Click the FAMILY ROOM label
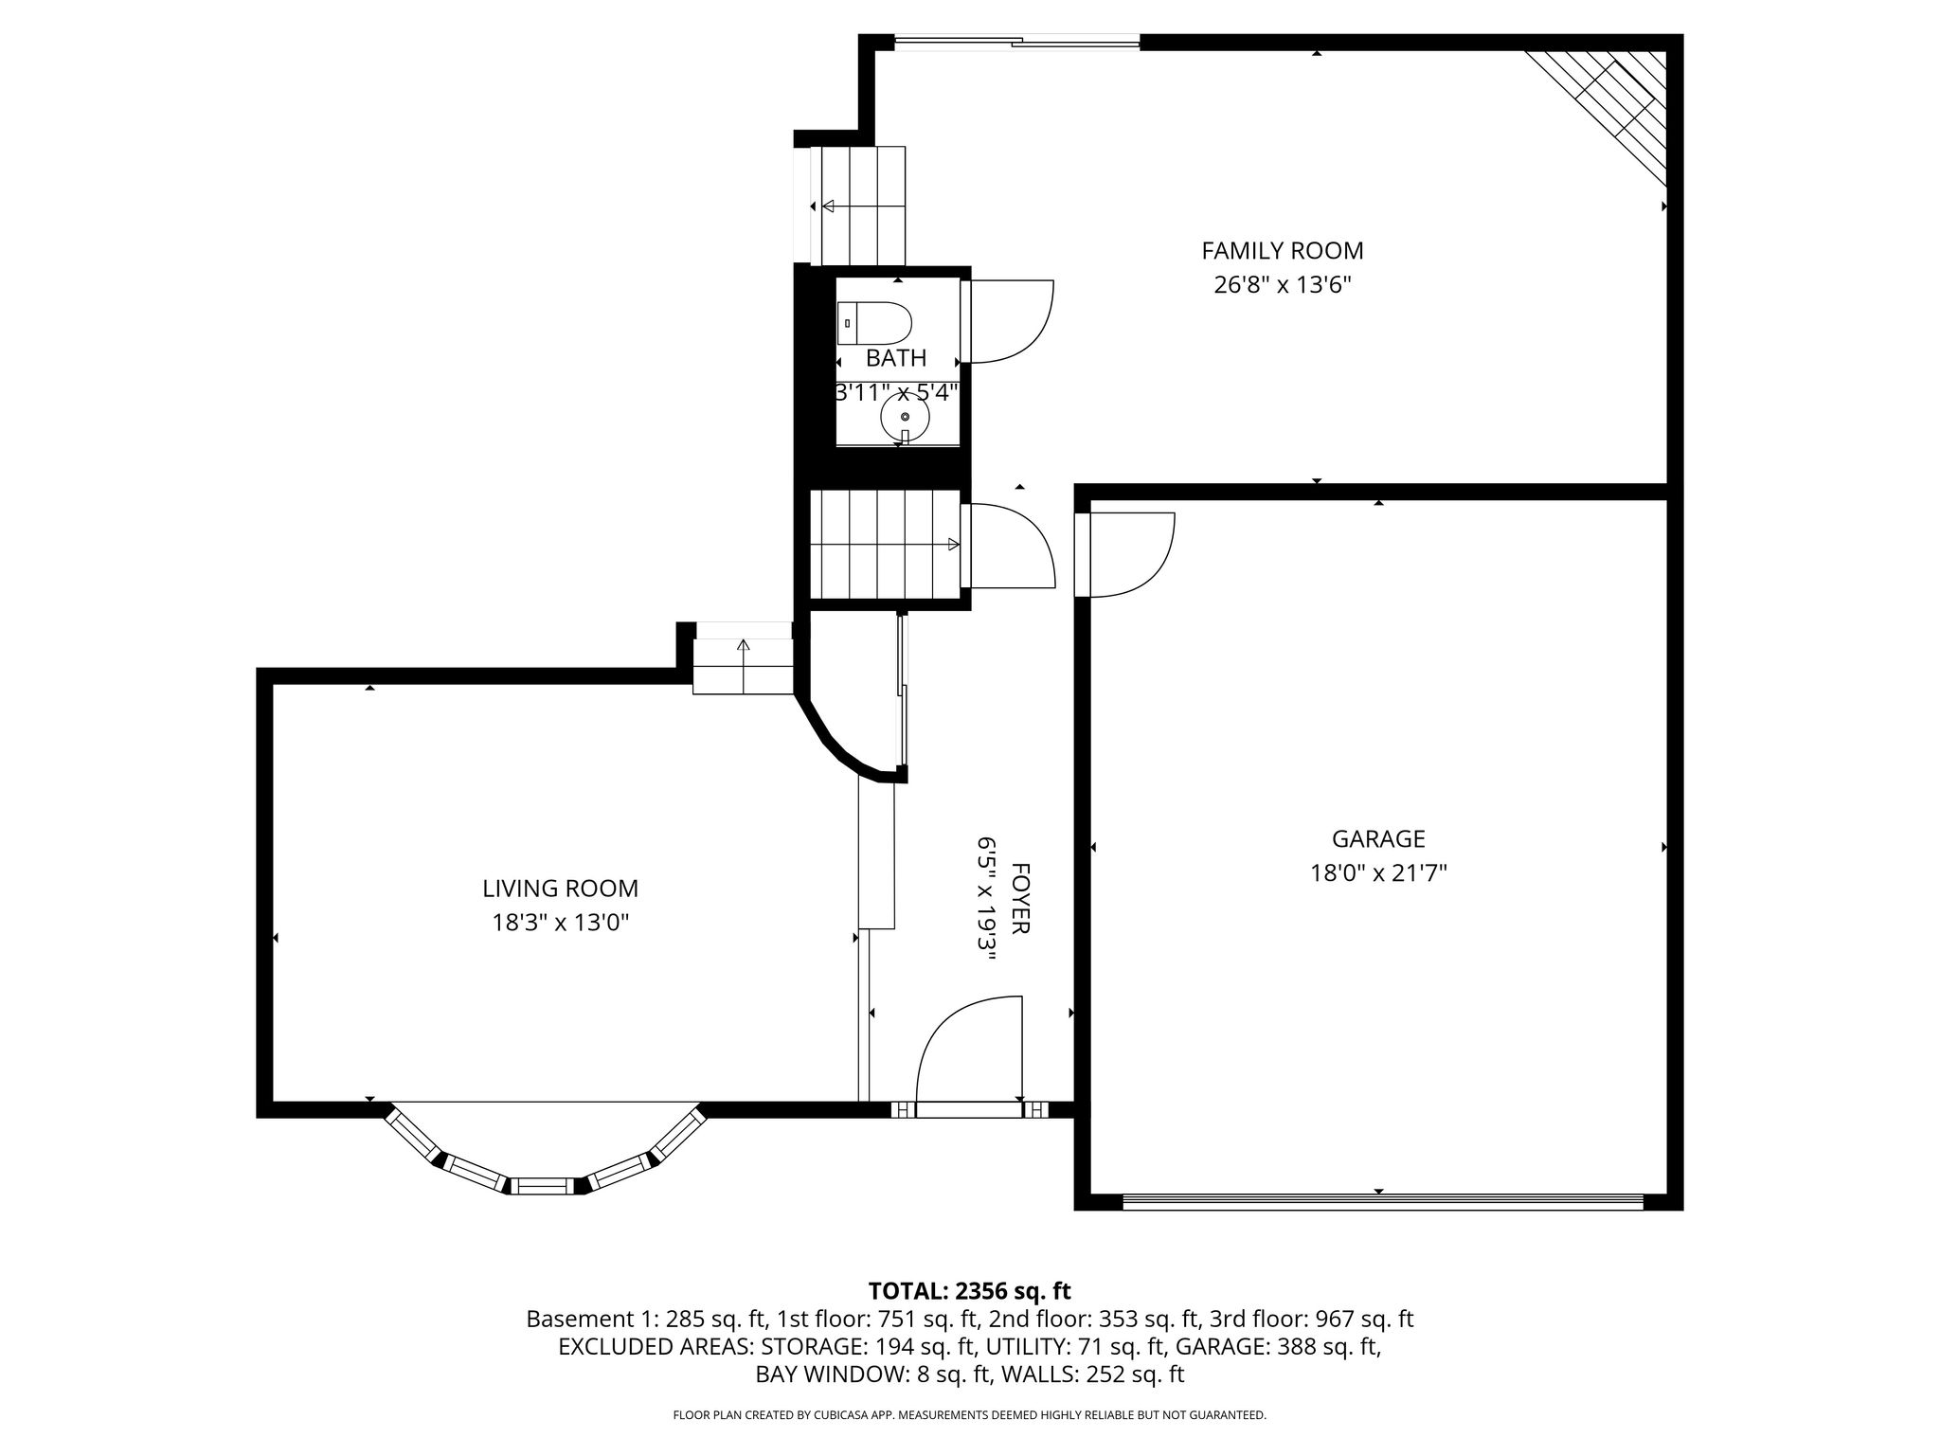[1283, 251]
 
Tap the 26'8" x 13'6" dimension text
[1283, 285]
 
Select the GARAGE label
[1378, 839]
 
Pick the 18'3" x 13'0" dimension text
[561, 923]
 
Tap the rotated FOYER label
[1020, 898]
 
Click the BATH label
[896, 358]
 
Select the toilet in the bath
[874, 323]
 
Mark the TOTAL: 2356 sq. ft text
[969, 1290]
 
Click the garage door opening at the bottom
[1383, 1200]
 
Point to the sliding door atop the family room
[1016, 41]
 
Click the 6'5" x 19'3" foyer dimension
[986, 898]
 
